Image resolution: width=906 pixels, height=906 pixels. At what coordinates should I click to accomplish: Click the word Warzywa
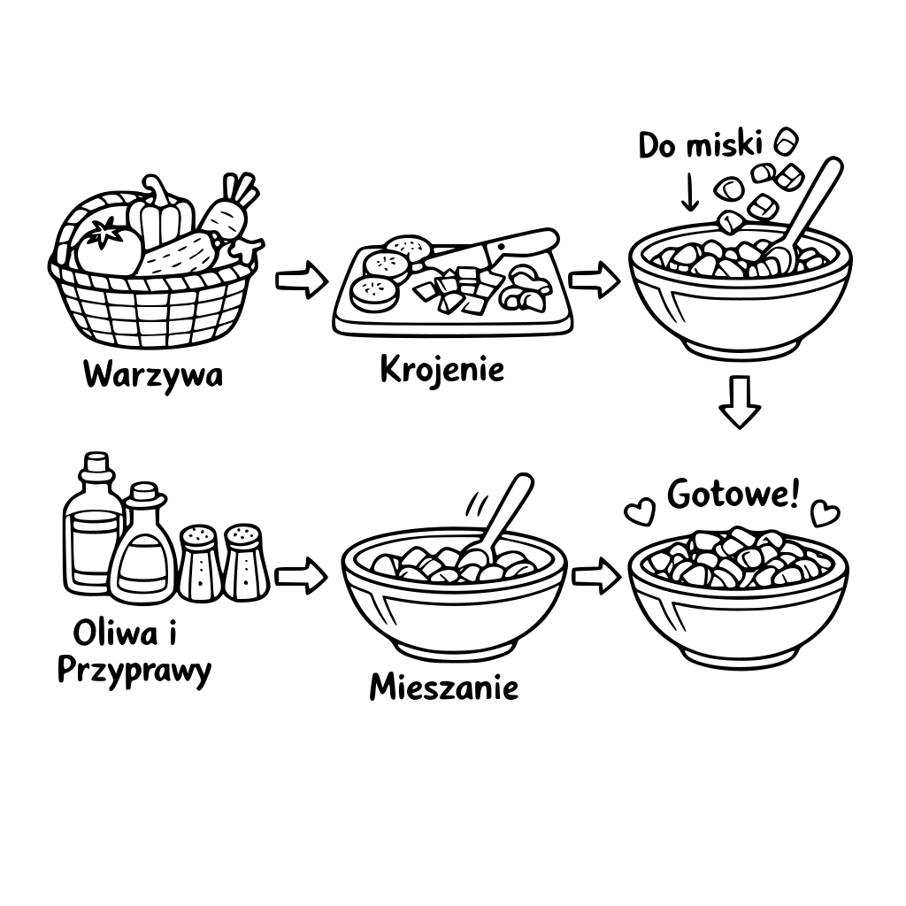tap(153, 375)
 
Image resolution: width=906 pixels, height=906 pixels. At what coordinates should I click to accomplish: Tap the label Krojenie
tap(442, 370)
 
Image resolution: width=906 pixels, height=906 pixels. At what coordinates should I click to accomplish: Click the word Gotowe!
tap(733, 494)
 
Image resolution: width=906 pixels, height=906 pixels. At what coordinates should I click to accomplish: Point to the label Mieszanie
tap(444, 687)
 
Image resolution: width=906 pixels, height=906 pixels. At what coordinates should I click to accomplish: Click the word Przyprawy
tap(134, 672)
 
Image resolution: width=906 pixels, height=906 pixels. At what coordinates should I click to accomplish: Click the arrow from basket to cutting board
tap(302, 280)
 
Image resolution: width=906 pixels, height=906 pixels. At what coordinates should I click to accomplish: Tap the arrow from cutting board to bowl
tap(594, 280)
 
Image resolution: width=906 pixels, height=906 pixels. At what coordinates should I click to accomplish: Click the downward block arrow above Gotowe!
tap(740, 403)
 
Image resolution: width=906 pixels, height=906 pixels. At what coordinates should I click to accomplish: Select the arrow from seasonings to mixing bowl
tap(301, 576)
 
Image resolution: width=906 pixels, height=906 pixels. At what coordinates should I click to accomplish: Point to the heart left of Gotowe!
tap(641, 512)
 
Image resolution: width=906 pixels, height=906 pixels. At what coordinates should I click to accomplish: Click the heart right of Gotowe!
tap(825, 514)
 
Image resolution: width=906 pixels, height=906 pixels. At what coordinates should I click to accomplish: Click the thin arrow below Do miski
tap(689, 191)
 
